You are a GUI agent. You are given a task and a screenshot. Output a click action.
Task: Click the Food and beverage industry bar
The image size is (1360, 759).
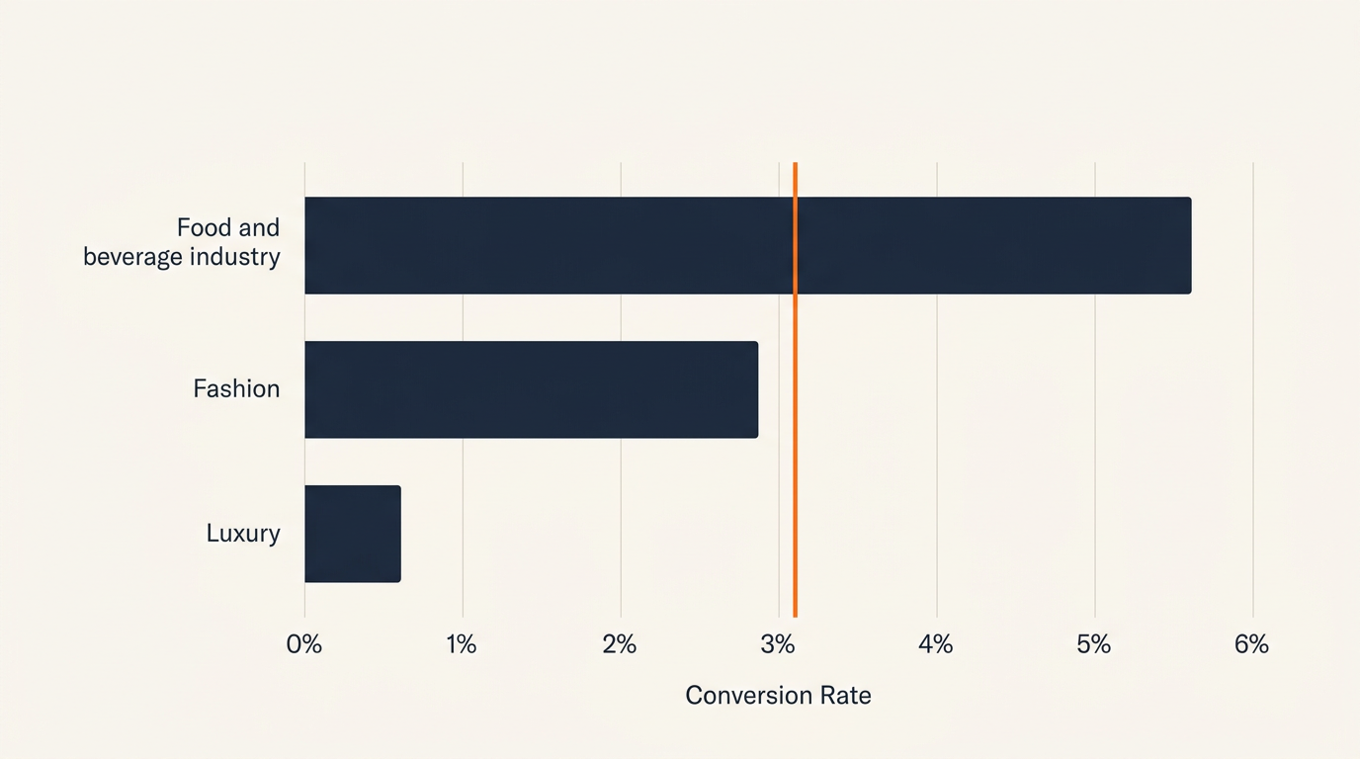pyautogui.click(x=747, y=245)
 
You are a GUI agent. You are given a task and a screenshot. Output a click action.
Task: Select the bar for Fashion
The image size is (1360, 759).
pyautogui.click(x=531, y=389)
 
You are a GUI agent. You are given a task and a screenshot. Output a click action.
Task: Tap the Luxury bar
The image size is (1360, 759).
pyautogui.click(x=352, y=534)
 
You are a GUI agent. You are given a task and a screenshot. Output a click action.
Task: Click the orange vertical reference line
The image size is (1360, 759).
pyautogui.click(x=795, y=445)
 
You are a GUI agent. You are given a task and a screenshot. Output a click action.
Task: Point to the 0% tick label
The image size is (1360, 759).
pyautogui.click(x=304, y=645)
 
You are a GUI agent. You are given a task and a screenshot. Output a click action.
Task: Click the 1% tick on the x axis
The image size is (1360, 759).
pyautogui.click(x=462, y=645)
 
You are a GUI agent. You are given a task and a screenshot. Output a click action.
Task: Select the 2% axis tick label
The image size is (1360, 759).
pyautogui.click(x=620, y=645)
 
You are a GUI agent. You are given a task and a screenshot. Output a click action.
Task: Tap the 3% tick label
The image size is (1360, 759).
pyautogui.click(x=778, y=645)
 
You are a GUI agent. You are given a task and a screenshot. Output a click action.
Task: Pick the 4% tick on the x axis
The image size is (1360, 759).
pyautogui.click(x=936, y=645)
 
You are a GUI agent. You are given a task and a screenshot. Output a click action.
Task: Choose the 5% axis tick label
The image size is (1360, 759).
pyautogui.click(x=1094, y=645)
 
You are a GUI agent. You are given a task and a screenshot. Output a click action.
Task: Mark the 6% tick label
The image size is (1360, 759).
pyautogui.click(x=1251, y=645)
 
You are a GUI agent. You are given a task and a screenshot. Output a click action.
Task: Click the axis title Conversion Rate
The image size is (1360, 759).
pyautogui.click(x=778, y=696)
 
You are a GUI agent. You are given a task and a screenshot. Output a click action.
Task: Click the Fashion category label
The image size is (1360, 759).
pyautogui.click(x=236, y=389)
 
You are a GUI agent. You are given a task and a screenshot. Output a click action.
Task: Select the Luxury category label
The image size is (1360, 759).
pyautogui.click(x=243, y=534)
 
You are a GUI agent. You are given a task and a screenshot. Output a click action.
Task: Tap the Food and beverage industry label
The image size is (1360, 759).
pyautogui.click(x=182, y=242)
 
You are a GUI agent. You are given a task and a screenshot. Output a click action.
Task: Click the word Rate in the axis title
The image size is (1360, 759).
pyautogui.click(x=845, y=696)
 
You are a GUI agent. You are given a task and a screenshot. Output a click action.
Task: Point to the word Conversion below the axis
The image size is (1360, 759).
pyautogui.click(x=748, y=696)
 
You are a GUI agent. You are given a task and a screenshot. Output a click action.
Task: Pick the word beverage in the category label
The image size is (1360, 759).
pyautogui.click(x=131, y=258)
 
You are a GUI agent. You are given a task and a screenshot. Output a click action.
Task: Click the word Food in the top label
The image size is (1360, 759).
pyautogui.click(x=204, y=228)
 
